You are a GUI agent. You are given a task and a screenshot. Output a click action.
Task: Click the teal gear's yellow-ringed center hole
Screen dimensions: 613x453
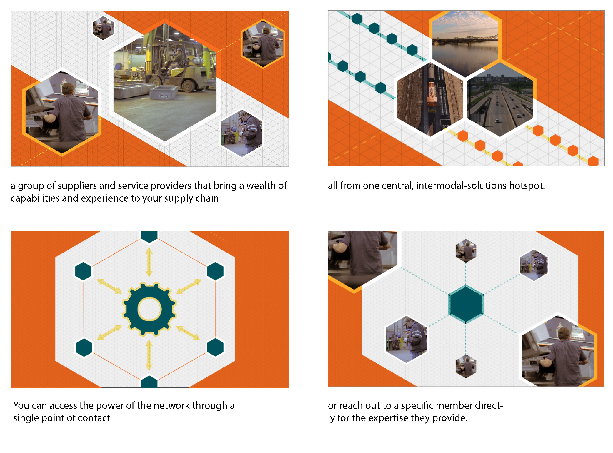point(149,309)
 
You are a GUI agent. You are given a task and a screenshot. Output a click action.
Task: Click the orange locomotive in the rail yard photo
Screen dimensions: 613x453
point(431,96)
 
